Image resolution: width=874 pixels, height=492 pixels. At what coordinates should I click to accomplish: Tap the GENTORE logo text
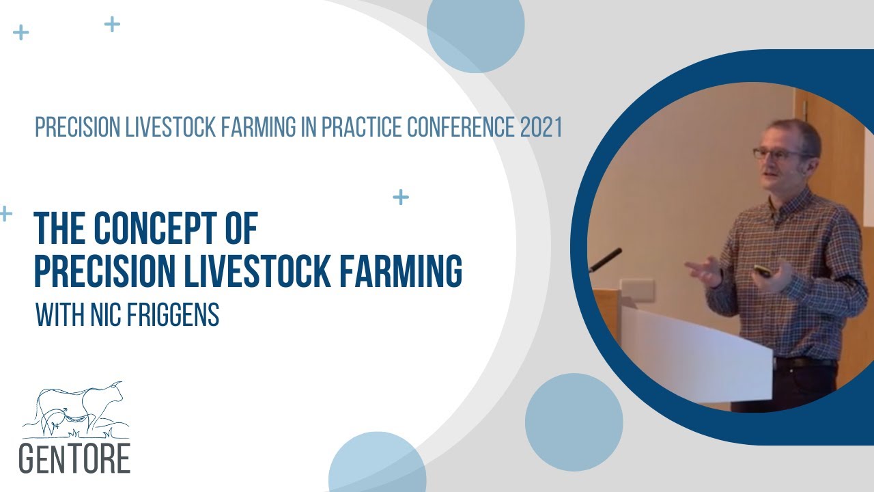pyautogui.click(x=74, y=459)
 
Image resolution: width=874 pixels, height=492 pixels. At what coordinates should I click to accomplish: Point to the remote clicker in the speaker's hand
pyautogui.click(x=763, y=271)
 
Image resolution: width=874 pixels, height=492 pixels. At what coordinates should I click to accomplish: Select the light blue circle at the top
pyautogui.click(x=475, y=27)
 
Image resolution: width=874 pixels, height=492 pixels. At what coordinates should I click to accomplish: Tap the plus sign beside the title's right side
pyautogui.click(x=401, y=197)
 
